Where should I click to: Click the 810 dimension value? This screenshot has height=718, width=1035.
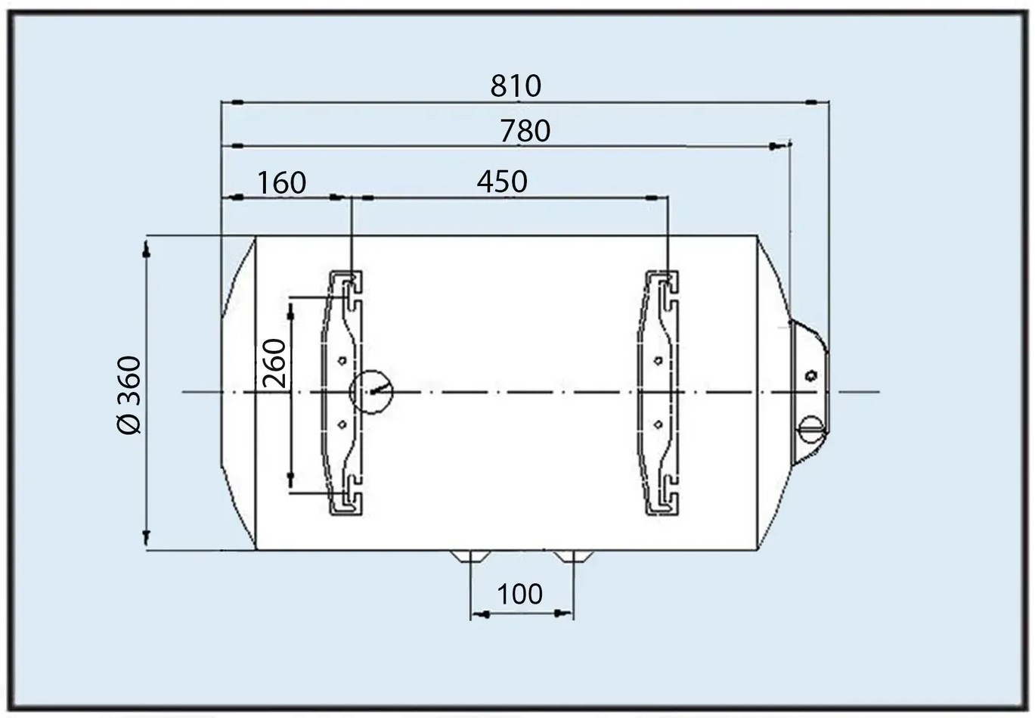click(516, 86)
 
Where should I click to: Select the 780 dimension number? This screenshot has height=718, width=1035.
click(525, 132)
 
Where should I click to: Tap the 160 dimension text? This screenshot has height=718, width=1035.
click(282, 183)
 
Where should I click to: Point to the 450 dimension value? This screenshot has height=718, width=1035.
click(502, 182)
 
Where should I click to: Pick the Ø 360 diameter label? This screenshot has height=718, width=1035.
click(129, 394)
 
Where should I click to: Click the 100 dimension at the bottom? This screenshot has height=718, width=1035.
click(520, 594)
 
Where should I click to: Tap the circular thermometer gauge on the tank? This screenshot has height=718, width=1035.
click(371, 392)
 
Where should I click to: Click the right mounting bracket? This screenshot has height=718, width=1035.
click(660, 392)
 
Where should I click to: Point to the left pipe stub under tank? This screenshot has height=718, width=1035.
click(469, 558)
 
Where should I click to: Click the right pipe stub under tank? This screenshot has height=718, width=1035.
click(572, 558)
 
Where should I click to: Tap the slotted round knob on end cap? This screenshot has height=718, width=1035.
click(810, 428)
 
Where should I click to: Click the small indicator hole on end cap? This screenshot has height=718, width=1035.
click(811, 375)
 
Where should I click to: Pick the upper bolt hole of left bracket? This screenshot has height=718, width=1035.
click(342, 360)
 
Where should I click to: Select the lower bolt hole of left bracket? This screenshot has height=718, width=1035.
click(342, 424)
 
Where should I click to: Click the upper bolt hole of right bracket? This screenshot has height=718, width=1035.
click(658, 360)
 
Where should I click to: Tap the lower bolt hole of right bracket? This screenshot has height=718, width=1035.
click(658, 424)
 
